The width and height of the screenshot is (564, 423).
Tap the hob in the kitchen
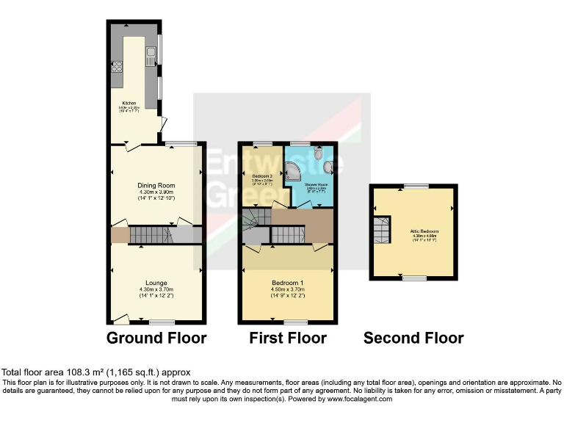coord(116,68)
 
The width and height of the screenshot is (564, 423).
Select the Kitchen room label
coord(129,103)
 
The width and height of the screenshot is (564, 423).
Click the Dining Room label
coord(156,185)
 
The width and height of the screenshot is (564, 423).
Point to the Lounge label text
coord(156,283)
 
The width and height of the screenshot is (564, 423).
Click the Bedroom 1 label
coord(288,283)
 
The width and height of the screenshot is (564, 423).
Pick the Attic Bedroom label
coord(415,231)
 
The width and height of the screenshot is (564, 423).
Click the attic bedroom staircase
coord(382,231)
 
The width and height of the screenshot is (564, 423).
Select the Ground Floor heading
coord(156,339)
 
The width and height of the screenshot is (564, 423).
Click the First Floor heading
coord(288,339)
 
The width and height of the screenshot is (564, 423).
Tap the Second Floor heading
coord(413,339)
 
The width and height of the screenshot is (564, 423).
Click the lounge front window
coord(161,322)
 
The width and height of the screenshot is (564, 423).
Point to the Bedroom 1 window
coord(296,322)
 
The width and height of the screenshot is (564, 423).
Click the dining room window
coord(181,142)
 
